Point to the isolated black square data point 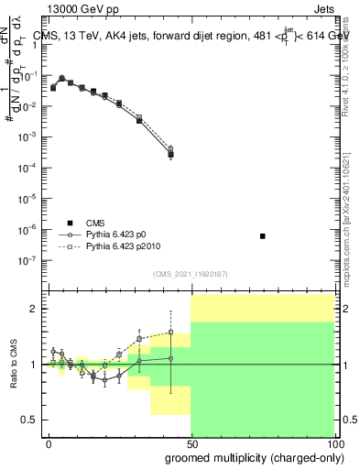click(x=263, y=236)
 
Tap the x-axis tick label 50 click(x=191, y=443)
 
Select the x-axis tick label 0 click(x=49, y=443)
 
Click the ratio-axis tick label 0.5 click(x=27, y=420)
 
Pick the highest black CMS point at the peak click(x=61, y=79)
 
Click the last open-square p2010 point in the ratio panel click(x=170, y=333)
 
